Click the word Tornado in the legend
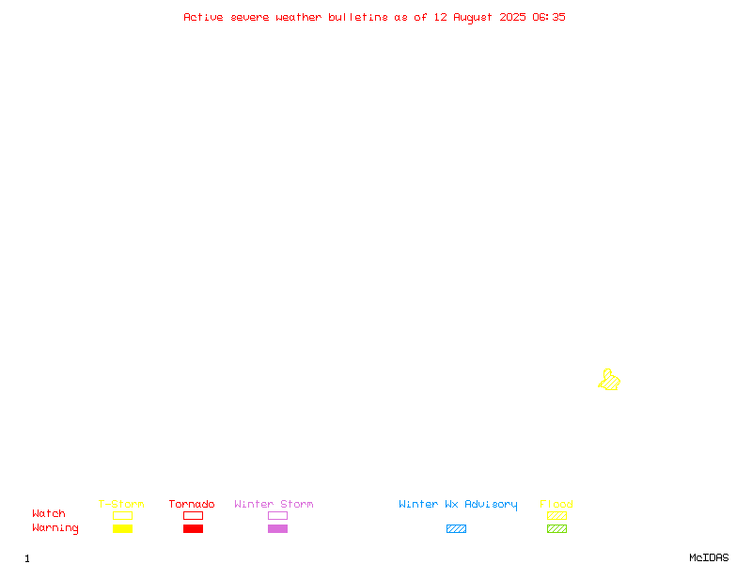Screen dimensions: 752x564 [192, 504]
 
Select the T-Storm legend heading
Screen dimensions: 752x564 [121, 504]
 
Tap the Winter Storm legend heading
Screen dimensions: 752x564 [274, 504]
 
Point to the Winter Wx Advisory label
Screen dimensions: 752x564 [458, 505]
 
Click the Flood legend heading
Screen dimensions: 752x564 [556, 504]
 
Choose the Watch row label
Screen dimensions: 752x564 [49, 513]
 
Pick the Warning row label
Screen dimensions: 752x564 [55, 528]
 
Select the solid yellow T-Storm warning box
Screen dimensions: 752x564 [123, 528]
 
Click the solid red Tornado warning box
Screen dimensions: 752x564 [194, 528]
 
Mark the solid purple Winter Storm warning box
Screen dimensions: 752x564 [277, 528]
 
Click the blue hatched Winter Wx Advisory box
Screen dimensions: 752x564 [456, 528]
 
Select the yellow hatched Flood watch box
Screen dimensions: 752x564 [556, 515]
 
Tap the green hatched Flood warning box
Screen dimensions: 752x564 [556, 528]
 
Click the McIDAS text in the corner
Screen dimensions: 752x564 [709, 557]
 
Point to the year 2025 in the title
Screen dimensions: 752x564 [512, 17]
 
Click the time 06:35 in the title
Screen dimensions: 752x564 [549, 17]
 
